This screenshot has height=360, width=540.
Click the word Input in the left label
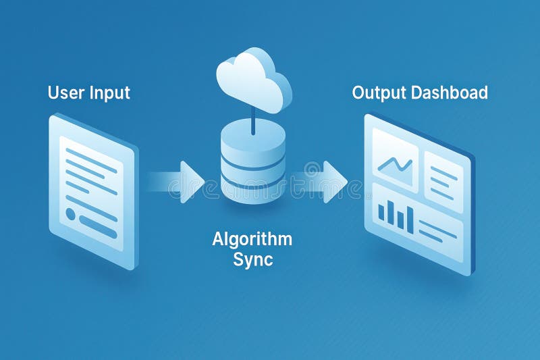(x=109, y=93)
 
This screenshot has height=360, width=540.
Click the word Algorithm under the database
(x=252, y=239)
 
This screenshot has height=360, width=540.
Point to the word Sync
(x=252, y=259)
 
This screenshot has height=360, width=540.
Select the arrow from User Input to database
(x=180, y=182)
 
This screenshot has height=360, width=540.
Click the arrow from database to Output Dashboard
(x=325, y=180)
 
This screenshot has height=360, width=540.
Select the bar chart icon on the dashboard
(x=396, y=216)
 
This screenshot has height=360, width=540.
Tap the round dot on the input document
(x=71, y=213)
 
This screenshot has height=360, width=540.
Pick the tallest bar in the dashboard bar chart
(x=409, y=219)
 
